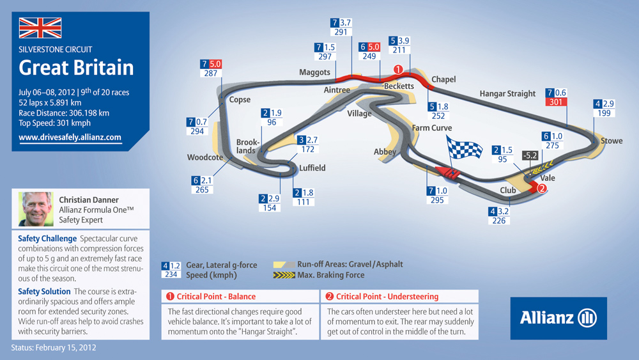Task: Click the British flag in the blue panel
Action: (40, 27)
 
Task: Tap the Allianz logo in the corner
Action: (558, 318)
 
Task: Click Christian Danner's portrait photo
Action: (36, 209)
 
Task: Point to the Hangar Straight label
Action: (507, 94)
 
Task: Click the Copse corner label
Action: (240, 100)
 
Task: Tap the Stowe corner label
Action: (612, 141)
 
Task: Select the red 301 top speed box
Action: (556, 102)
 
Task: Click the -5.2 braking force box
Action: (530, 155)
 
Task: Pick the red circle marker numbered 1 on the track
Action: (398, 70)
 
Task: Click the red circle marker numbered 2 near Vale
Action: (542, 189)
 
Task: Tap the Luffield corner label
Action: (312, 168)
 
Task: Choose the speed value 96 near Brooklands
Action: (272, 122)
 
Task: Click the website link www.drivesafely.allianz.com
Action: (70, 137)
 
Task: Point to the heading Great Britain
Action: (76, 68)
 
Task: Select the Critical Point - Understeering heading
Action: (387, 297)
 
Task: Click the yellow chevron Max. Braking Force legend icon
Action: (284, 275)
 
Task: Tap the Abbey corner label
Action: (385, 152)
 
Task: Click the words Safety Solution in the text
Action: (44, 292)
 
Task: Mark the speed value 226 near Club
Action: (499, 221)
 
